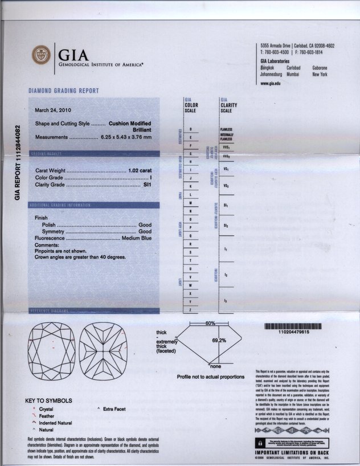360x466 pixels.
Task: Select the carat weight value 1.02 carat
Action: coord(141,171)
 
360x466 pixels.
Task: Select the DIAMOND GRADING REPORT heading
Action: coord(63,91)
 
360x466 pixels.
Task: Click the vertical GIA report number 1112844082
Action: coord(18,162)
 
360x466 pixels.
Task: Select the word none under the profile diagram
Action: coord(215,366)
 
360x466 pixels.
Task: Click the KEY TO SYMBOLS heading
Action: coord(49,400)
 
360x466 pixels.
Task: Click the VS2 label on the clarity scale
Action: coord(226,186)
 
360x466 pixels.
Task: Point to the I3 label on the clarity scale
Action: coord(226,300)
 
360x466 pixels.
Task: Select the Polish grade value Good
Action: coord(145,225)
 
